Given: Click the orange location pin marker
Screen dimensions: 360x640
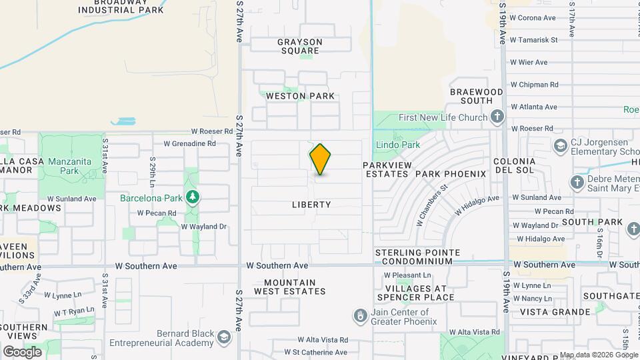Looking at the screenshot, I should [x=321, y=159].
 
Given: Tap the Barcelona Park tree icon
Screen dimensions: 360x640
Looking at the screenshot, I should [x=193, y=197].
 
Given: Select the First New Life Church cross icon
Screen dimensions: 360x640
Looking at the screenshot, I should [x=497, y=118].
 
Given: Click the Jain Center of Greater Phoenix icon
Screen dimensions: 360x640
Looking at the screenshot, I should [x=361, y=313].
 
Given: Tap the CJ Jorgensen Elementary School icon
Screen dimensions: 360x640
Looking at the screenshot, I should [x=560, y=145].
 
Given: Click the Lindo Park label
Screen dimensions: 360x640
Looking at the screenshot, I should [x=397, y=145].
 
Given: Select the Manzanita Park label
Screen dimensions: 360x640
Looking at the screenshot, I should [x=64, y=166].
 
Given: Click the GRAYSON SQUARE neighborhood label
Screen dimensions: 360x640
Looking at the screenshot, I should [x=300, y=46].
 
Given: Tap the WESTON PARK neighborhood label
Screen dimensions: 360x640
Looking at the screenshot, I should [x=300, y=96].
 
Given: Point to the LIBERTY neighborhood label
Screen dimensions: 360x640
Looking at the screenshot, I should [x=311, y=205].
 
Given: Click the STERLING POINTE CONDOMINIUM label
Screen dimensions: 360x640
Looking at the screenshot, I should [x=417, y=257].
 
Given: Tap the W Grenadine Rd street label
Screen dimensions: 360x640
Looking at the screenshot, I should [x=190, y=143].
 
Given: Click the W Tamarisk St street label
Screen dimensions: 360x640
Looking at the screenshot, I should [x=534, y=40].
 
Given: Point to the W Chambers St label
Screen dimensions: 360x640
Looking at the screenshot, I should [x=431, y=202].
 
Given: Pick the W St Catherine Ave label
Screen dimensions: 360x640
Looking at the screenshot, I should [x=315, y=352].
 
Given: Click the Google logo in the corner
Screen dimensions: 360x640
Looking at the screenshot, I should [x=22, y=351].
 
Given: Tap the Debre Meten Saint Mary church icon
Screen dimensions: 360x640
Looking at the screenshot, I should [x=577, y=182].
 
